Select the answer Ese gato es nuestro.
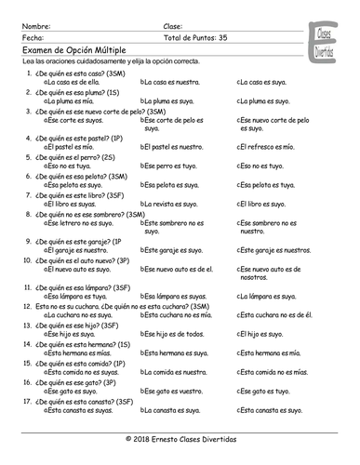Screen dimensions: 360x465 tap(175, 391)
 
